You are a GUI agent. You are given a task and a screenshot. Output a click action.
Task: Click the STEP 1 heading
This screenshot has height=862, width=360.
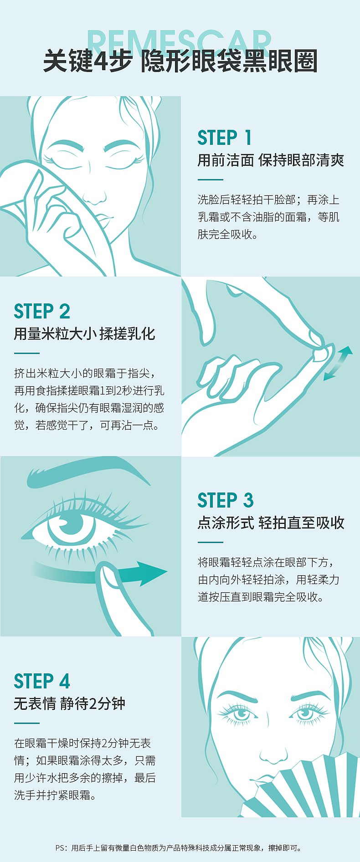pos(225,138)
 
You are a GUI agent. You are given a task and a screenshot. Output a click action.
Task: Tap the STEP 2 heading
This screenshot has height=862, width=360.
pos(42,312)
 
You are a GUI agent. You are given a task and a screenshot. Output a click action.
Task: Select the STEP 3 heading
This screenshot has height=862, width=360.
pos(226,500)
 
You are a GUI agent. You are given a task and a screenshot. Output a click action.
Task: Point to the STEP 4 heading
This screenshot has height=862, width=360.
pos(42,681)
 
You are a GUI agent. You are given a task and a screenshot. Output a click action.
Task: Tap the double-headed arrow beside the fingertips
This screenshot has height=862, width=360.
pos(338,363)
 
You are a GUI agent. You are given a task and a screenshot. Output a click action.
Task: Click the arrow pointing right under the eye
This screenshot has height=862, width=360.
pos(100,572)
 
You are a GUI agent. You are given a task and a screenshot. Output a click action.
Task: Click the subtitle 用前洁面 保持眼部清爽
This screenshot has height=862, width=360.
pos(271,160)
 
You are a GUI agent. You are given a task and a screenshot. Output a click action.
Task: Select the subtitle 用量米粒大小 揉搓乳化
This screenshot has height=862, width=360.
pos(85,334)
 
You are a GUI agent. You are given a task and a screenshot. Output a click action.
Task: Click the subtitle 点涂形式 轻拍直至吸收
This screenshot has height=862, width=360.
pos(271,523)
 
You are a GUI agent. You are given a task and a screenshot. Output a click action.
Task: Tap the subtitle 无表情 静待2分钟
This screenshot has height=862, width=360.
pos(70,704)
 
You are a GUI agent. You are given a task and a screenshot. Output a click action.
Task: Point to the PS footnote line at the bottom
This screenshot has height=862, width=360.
pos(179,848)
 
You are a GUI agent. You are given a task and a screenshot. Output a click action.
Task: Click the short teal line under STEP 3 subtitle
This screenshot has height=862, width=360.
pos(210,542)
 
